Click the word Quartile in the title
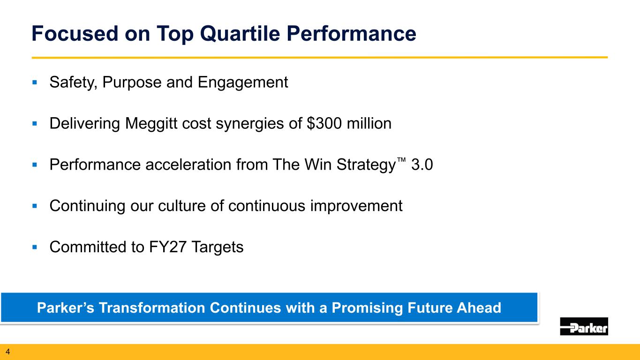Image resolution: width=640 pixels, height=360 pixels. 240,34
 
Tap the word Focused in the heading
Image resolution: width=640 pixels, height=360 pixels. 75,33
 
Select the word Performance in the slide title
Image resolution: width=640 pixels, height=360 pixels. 352,34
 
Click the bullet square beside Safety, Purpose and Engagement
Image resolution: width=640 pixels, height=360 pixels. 35,82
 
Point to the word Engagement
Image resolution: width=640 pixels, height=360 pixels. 243,83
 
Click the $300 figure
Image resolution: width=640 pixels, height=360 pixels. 324,123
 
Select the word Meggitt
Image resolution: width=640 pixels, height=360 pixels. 151,124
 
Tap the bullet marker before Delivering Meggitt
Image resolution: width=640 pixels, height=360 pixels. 35,124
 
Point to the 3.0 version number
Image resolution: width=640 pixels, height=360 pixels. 422,165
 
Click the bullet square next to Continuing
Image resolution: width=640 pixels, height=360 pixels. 35,206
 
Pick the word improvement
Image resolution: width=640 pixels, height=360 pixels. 356,206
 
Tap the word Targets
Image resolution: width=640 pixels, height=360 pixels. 218,247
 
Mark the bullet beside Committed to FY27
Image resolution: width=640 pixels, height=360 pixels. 35,247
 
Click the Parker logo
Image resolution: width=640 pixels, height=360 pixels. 584,326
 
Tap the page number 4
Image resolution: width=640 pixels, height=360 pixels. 8,352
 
